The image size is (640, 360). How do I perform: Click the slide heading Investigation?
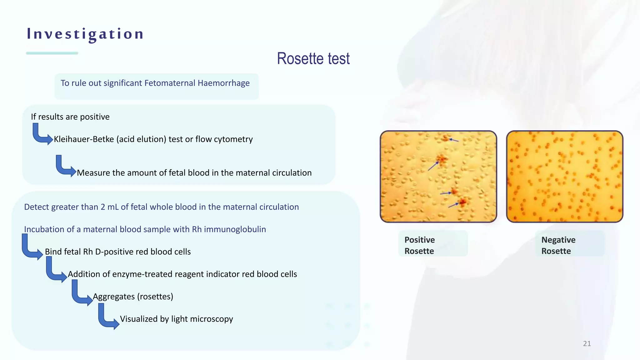(85, 34)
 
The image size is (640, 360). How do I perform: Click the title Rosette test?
(313, 59)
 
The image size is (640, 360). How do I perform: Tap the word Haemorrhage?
(223, 83)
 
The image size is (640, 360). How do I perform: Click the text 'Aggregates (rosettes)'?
(133, 297)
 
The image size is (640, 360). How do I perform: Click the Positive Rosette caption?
(419, 245)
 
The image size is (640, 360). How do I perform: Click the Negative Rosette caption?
(558, 245)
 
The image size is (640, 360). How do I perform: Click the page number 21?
(587, 344)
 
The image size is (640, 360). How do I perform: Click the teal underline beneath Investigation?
(52, 53)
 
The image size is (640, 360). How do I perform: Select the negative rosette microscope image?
(564, 177)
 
